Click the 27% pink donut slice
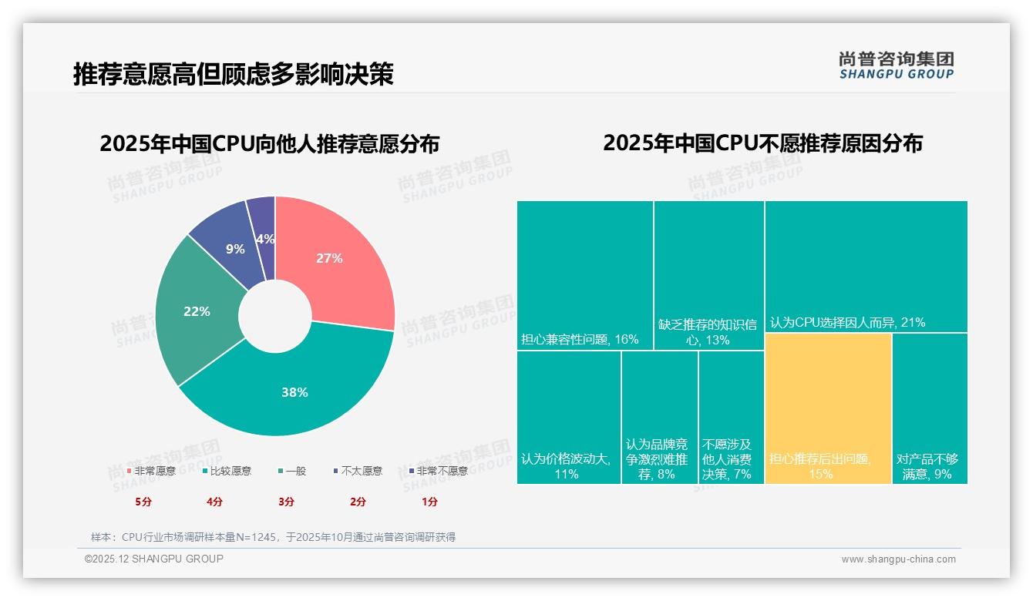[x=330, y=259]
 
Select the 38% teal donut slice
[x=294, y=392]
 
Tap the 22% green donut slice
[x=197, y=311]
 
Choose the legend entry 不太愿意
[x=358, y=471]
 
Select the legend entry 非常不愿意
[x=438, y=471]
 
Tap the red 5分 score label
[x=143, y=502]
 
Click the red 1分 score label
[x=429, y=502]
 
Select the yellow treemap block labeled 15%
[x=828, y=408]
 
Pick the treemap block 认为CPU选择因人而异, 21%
[x=866, y=266]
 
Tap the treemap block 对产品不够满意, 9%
[x=929, y=408]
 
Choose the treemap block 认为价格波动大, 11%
[x=568, y=417]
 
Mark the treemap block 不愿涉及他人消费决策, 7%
[x=731, y=417]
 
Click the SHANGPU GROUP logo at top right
[x=896, y=65]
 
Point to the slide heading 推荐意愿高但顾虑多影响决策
[x=233, y=74]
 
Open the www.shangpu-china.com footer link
[x=898, y=559]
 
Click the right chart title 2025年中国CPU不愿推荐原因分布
[x=762, y=143]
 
